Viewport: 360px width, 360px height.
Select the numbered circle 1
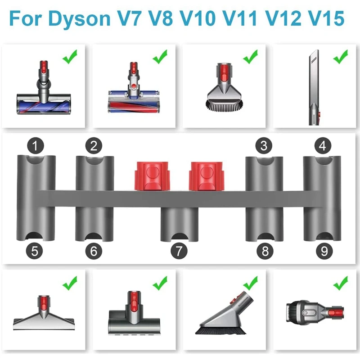pyautogui.click(x=36, y=145)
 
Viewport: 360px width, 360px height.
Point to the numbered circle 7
pyautogui.click(x=179, y=251)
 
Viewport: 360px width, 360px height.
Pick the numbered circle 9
pyautogui.click(x=324, y=251)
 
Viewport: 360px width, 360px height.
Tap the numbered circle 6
pyautogui.click(x=94, y=251)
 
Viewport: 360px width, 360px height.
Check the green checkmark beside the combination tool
pyautogui.click(x=340, y=283)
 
